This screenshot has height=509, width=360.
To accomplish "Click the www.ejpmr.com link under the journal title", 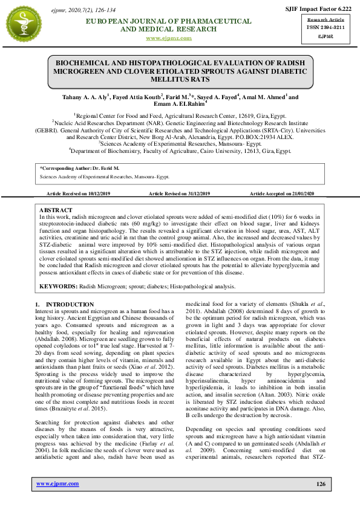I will point(169,38).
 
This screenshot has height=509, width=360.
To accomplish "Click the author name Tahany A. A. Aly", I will point(84,97).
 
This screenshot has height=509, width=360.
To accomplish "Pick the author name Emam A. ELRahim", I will point(180,105).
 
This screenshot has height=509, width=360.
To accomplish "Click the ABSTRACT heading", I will point(56,210).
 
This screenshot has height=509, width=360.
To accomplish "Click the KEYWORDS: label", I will point(58,285).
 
